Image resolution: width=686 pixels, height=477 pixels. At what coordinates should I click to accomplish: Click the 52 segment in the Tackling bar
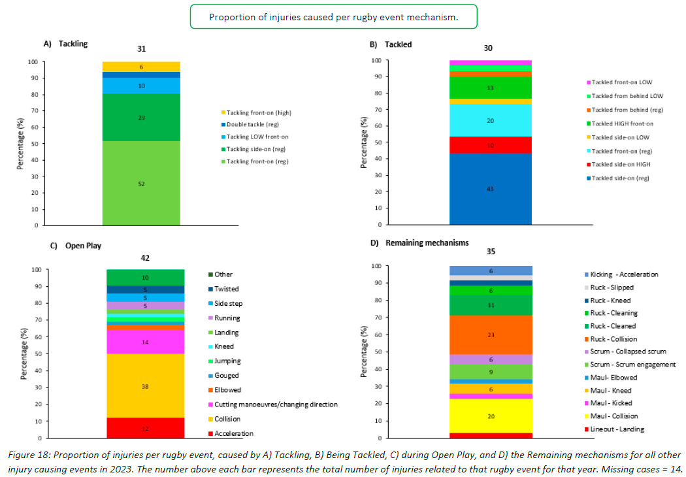(141, 184)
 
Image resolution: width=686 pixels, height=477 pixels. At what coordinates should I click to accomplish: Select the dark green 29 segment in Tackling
(141, 118)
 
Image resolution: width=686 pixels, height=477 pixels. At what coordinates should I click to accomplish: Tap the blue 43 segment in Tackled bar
(490, 189)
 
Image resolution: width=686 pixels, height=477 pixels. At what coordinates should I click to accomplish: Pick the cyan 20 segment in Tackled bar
(490, 120)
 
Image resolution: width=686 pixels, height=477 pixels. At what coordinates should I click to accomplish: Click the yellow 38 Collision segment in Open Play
(145, 386)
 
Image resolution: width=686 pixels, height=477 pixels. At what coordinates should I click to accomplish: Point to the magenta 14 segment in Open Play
(145, 342)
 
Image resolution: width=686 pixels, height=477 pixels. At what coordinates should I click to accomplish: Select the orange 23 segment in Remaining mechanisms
(490, 335)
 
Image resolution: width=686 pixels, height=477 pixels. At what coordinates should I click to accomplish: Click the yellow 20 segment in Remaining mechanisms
(490, 416)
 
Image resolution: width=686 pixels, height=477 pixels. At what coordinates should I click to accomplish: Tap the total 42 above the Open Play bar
(145, 258)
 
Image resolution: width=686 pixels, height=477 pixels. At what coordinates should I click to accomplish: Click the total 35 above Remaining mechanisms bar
(490, 251)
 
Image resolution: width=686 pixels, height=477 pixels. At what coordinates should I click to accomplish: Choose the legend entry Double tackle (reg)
(250, 125)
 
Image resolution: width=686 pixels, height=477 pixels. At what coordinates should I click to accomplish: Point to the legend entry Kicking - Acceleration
(624, 274)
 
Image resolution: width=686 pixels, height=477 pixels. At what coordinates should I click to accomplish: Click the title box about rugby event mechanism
(333, 17)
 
